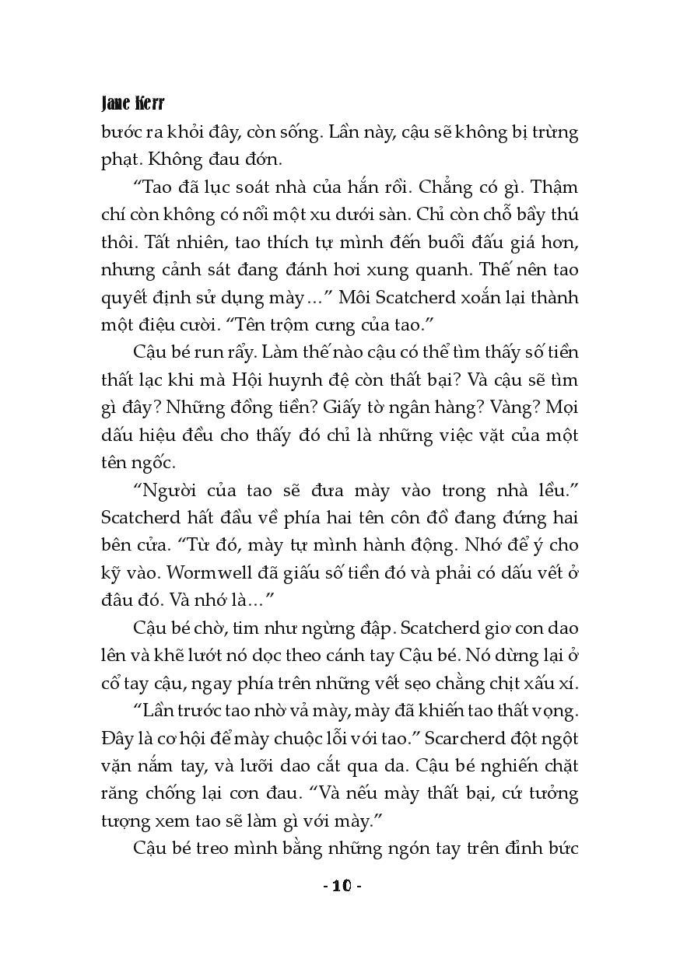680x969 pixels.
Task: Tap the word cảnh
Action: tap(184, 270)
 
